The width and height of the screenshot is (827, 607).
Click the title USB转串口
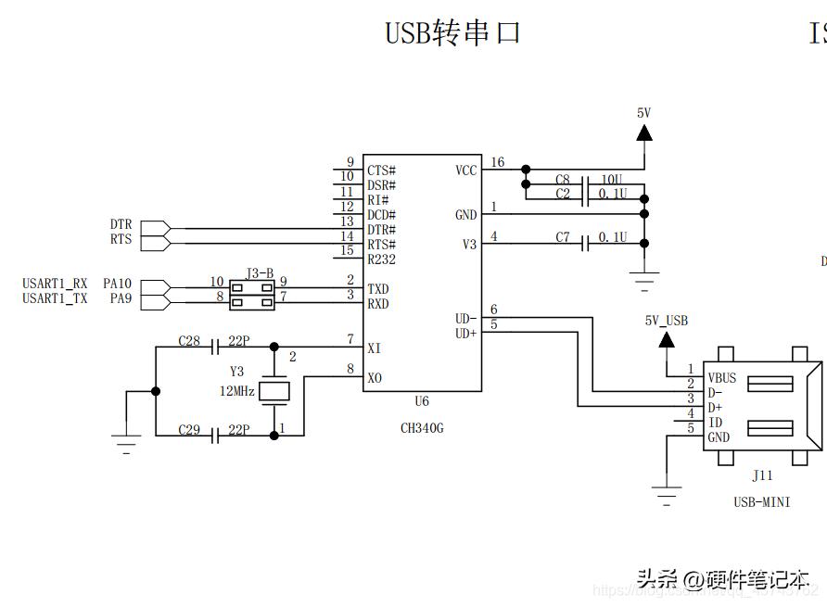click(452, 32)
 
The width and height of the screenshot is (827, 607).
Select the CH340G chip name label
click(422, 428)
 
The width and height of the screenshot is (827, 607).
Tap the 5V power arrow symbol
click(643, 133)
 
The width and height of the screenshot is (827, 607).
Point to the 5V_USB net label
click(667, 321)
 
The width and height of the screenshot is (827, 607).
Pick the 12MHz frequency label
click(236, 391)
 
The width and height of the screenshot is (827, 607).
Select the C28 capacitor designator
click(189, 341)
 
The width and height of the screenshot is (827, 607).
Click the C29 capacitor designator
click(189, 430)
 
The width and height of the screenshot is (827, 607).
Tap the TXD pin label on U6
click(377, 289)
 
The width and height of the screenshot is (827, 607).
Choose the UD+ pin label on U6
click(465, 333)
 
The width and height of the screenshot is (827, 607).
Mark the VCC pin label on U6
click(466, 171)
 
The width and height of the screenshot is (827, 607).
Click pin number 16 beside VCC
click(498, 162)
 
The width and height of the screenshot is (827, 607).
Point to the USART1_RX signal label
click(55, 284)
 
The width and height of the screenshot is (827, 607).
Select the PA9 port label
click(121, 298)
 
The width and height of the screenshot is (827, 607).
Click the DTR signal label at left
click(121, 224)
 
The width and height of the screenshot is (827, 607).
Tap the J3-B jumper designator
click(260, 273)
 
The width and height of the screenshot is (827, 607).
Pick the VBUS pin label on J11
click(722, 378)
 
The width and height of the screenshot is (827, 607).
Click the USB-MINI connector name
click(761, 502)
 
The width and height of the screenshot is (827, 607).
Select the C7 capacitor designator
click(563, 237)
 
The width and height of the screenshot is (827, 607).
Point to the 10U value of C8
click(613, 179)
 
